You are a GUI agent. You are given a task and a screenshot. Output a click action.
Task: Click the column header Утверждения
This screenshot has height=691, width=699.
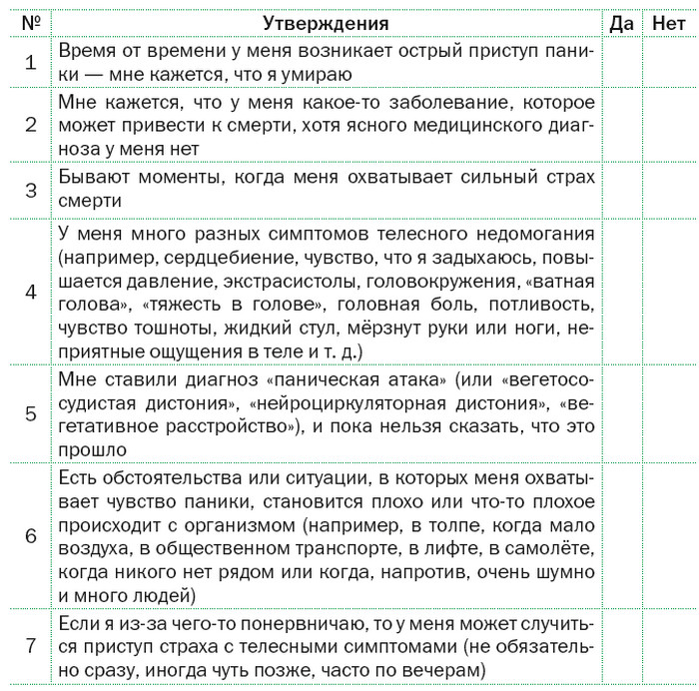(326, 23)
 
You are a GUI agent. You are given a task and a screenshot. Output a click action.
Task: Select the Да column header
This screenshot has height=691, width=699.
(621, 23)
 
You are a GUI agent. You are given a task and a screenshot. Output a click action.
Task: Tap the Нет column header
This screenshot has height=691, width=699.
(667, 23)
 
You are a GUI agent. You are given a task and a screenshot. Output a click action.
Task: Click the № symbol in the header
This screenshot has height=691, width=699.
(30, 23)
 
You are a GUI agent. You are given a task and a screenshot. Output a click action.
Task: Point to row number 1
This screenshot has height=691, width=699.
(30, 62)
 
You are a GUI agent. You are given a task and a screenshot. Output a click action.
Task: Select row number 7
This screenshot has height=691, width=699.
(30, 645)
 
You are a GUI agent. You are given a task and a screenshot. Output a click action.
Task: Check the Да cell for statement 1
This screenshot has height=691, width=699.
(621, 62)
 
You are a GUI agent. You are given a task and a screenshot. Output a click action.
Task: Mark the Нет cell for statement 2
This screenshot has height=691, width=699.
(667, 125)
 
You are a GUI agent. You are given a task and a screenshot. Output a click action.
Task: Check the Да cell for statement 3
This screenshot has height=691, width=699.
(621, 188)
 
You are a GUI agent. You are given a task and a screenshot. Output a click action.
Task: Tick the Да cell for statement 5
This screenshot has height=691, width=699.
(621, 414)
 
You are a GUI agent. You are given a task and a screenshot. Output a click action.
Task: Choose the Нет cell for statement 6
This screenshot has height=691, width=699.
(667, 535)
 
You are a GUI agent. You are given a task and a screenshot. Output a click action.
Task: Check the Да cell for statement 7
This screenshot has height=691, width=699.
(621, 645)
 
